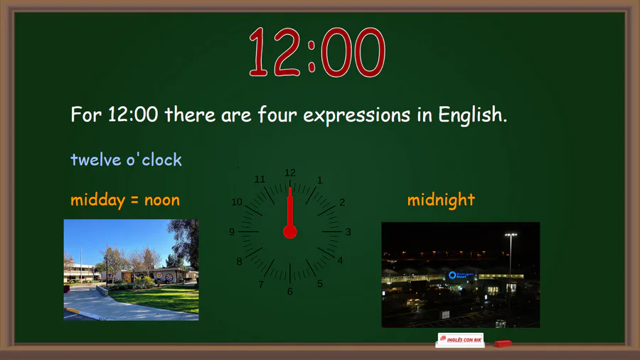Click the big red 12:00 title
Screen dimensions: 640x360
pos(317,52)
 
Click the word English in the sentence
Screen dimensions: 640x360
pos(472,115)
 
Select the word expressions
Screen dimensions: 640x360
pos(356,115)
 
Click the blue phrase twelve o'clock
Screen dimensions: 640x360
pos(126,159)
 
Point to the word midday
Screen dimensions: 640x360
pos(97,201)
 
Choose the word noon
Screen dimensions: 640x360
pos(162,201)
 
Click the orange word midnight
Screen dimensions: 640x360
pos(441,200)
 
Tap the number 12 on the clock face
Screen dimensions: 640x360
pos(290,173)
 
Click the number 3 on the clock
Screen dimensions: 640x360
pos(348,232)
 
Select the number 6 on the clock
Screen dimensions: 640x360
pos(290,292)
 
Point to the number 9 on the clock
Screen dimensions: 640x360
pos(232,232)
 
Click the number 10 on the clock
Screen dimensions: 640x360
pos(237,202)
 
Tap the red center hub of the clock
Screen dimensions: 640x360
pos(290,232)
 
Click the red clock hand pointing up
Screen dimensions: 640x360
pos(290,208)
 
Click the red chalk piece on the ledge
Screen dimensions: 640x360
pos(503,344)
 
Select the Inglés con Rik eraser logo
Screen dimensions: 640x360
pos(460,339)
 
